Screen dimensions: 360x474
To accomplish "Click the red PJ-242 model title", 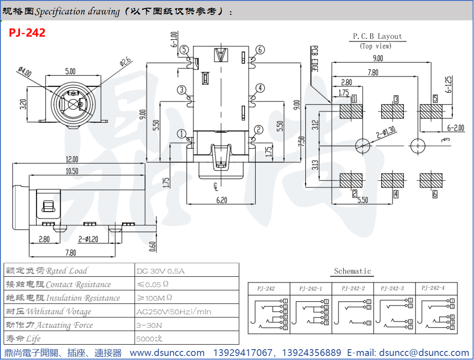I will point(27,33).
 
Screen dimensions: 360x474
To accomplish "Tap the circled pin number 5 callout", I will point(184,50).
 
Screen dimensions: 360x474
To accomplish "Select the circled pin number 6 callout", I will point(260,50).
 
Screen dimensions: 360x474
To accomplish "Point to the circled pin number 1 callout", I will point(182,134).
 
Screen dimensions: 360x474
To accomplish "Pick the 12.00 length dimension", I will point(71,159).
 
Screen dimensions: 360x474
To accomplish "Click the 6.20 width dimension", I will point(222,199).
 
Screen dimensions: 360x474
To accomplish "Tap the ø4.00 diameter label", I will point(25,72).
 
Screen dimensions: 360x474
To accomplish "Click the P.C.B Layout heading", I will point(377,36).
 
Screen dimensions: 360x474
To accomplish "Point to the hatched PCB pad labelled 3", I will point(392,112).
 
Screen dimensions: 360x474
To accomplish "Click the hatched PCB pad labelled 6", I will point(431,180).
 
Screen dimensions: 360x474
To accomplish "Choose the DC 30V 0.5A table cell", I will point(161,271).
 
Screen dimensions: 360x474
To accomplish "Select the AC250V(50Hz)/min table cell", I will point(174,312).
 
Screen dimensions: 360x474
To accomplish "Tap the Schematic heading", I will point(352,271).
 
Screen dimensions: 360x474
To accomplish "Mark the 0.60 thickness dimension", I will point(152,246).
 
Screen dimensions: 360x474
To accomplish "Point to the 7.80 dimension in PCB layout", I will point(373,72).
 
